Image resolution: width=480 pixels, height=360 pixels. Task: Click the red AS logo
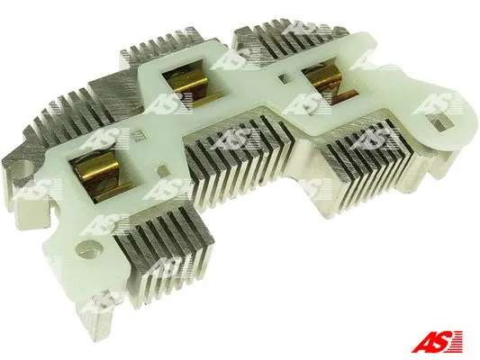(437, 342)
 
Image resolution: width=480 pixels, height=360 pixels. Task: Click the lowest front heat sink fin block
(163, 255)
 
